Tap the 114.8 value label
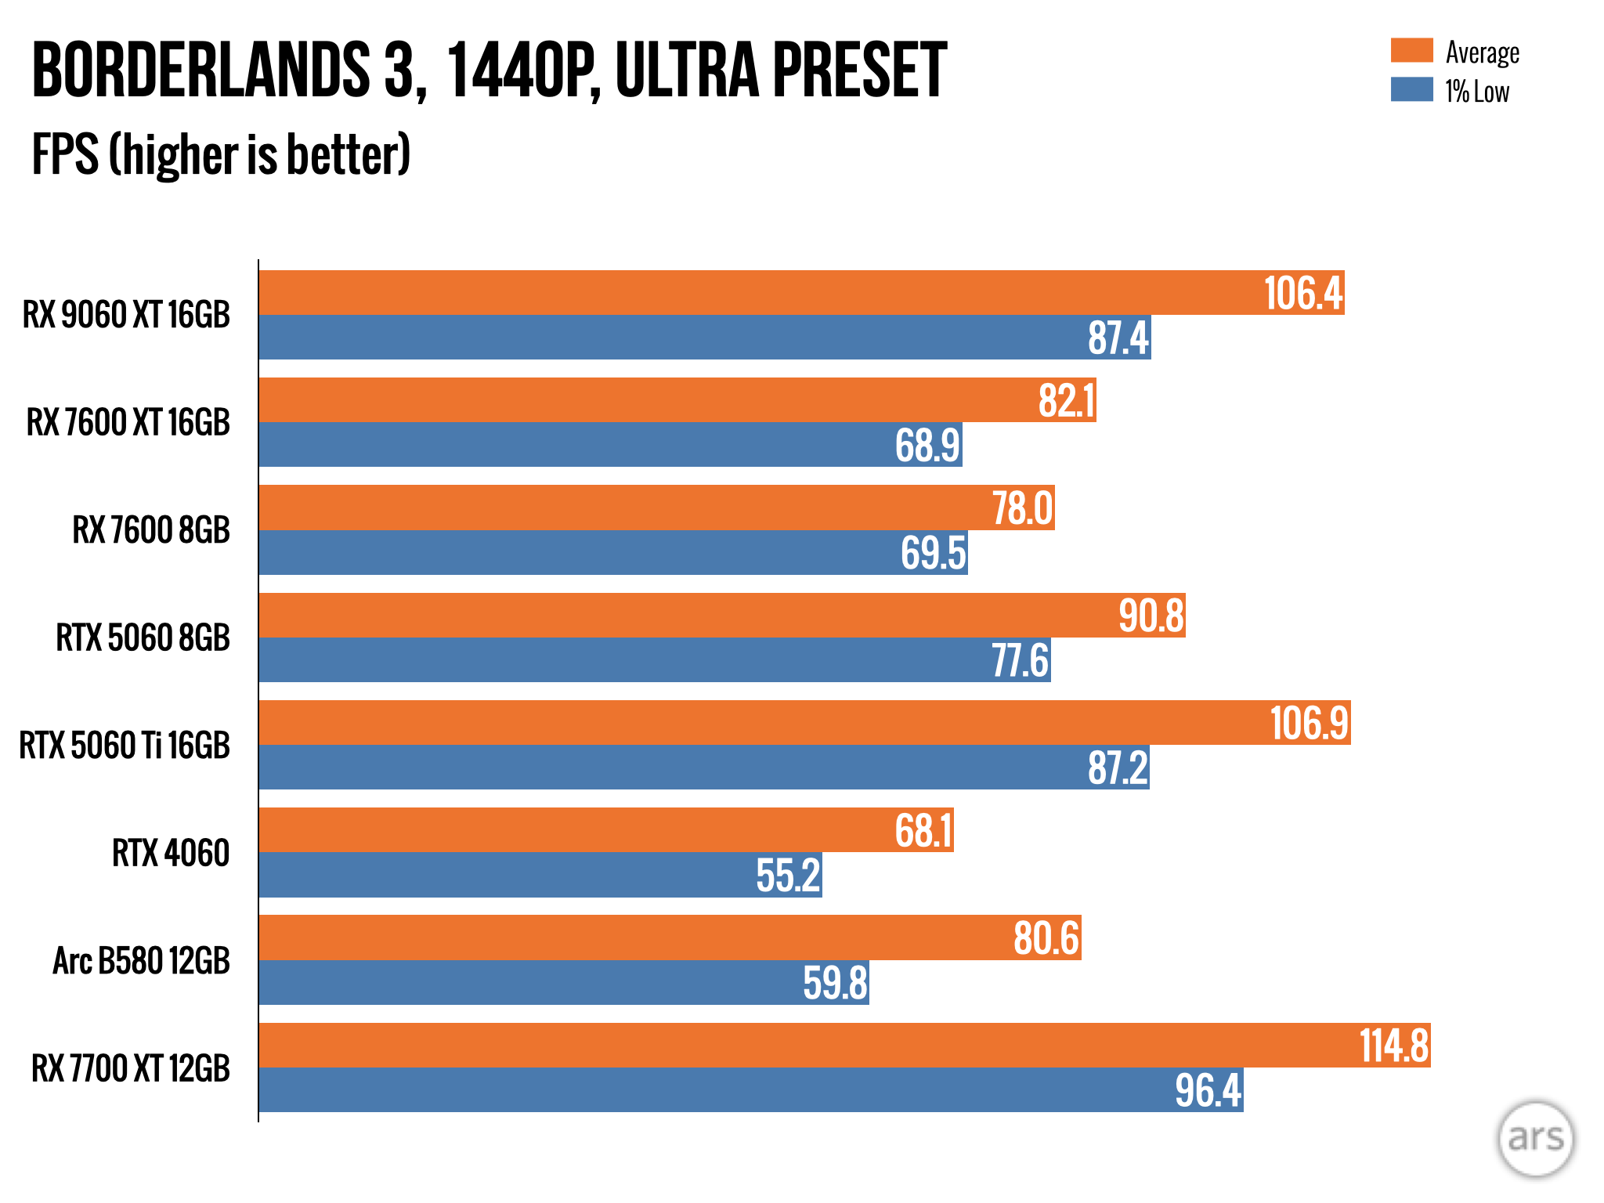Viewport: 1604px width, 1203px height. [x=1394, y=1046]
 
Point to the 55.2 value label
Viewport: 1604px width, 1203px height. [x=788, y=876]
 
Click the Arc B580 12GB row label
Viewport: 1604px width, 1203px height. [x=141, y=961]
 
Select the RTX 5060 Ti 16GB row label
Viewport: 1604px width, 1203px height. [x=125, y=745]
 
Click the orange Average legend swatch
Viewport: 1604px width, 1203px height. [x=1411, y=50]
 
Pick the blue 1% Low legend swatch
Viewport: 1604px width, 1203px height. [x=1411, y=89]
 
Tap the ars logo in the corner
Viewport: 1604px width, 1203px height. [x=1535, y=1139]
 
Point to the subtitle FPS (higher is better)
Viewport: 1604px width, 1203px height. [x=221, y=154]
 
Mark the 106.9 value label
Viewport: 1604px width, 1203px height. [x=1310, y=723]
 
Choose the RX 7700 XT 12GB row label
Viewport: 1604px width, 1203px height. [x=131, y=1068]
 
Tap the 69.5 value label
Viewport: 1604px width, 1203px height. [x=933, y=553]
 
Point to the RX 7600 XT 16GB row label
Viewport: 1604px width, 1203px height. [x=128, y=423]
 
